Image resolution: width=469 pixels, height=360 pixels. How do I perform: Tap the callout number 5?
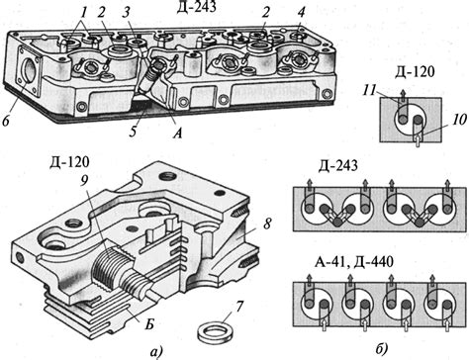pyautogui.click(x=133, y=131)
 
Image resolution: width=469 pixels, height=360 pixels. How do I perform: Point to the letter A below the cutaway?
pyautogui.click(x=177, y=133)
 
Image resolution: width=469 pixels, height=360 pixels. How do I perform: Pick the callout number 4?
pyautogui.click(x=301, y=13)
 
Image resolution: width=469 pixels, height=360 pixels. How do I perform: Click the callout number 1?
pyautogui.click(x=84, y=13)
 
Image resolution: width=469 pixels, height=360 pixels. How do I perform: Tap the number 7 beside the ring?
pyautogui.click(x=238, y=307)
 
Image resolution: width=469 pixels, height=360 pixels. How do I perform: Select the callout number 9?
pyautogui.click(x=85, y=178)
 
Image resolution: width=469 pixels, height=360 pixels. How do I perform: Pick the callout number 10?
pyautogui.click(x=458, y=120)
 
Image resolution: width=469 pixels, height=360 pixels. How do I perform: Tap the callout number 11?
pyautogui.click(x=370, y=89)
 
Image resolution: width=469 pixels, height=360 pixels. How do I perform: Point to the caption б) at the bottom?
pyautogui.click(x=381, y=349)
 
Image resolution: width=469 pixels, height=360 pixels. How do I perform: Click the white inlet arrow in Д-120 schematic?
pyautogui.click(x=418, y=139)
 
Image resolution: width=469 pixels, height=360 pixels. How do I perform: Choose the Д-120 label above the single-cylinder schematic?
pyautogui.click(x=415, y=71)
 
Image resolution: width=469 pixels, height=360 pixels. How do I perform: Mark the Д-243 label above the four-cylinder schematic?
pyautogui.click(x=338, y=166)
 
